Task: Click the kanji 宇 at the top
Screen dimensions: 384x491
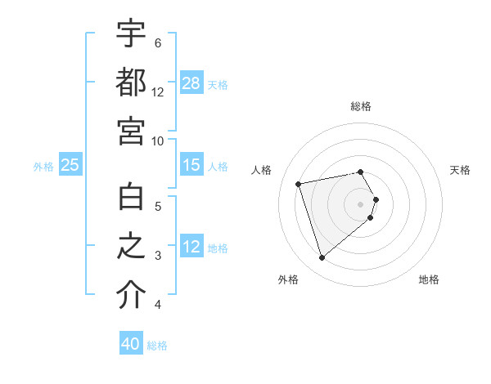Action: tap(131, 33)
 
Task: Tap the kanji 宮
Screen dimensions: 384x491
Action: tap(131, 132)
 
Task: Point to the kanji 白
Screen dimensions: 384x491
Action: tap(131, 199)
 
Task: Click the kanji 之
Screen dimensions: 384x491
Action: tap(131, 248)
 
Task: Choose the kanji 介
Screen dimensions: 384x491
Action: tap(131, 297)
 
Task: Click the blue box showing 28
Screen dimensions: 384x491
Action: tap(191, 83)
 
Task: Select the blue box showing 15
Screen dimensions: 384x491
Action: tap(191, 166)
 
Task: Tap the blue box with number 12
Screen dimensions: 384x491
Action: tap(191, 248)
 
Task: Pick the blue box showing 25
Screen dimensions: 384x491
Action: tap(70, 166)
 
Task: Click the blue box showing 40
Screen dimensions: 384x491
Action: tap(131, 344)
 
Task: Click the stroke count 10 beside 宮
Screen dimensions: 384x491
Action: tap(158, 141)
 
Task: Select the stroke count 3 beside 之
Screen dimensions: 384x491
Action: tap(157, 256)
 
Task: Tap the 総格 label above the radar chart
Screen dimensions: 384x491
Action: tap(361, 106)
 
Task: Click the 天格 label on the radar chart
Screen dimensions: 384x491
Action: tap(460, 170)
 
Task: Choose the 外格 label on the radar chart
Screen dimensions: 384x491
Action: tap(288, 279)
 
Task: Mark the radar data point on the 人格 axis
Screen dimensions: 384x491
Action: tap(299, 183)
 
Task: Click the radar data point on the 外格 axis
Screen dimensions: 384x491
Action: tap(322, 257)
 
